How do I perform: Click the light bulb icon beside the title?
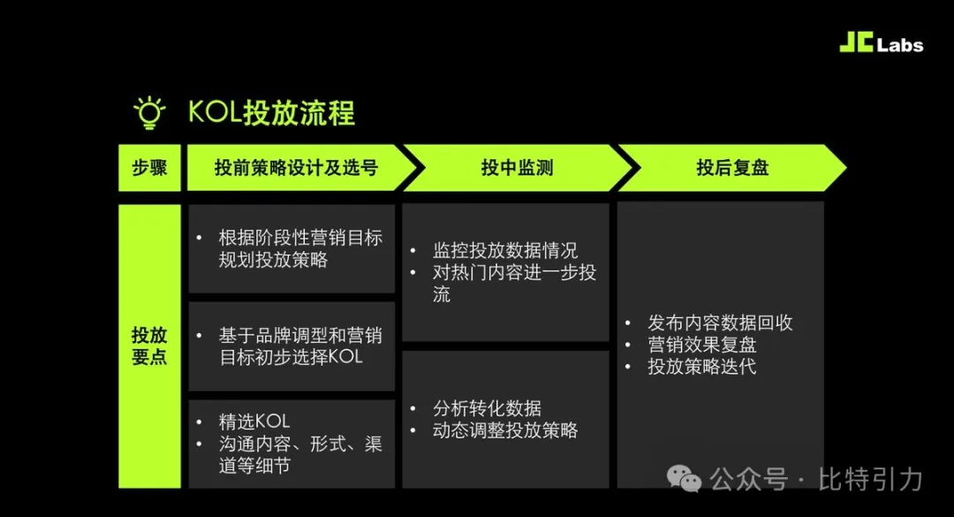click(149, 112)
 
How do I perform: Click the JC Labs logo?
click(881, 42)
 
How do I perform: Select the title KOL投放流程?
click(271, 112)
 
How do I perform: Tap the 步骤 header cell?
click(149, 167)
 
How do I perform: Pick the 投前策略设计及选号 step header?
click(296, 167)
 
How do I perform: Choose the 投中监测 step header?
click(517, 167)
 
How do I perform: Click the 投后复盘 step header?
click(732, 167)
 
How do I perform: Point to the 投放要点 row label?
click(149, 346)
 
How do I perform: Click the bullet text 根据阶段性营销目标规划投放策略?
click(300, 248)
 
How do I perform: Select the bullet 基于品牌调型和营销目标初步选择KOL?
click(300, 346)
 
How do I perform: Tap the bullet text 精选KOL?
click(254, 422)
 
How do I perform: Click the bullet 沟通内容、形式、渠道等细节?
click(300, 454)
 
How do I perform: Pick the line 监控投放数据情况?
click(505, 250)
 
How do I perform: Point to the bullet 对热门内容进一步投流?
click(514, 283)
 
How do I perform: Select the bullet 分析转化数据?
click(487, 408)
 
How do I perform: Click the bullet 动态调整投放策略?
click(505, 430)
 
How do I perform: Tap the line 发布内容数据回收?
click(720, 323)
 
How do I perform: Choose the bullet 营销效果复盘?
click(701, 345)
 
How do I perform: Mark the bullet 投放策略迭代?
click(701, 367)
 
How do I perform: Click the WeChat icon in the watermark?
click(684, 479)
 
